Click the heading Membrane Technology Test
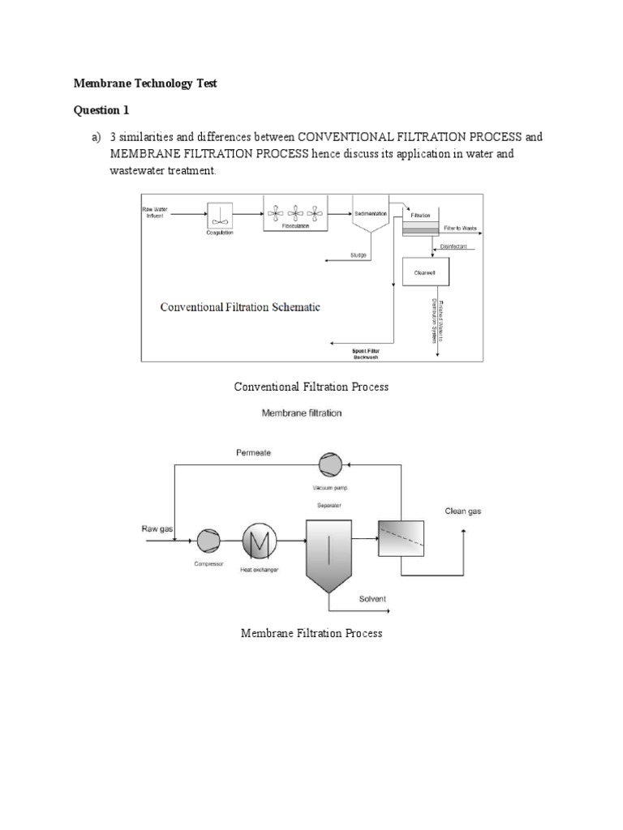(145, 83)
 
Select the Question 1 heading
(101, 110)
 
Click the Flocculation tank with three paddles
(296, 215)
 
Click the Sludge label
(358, 255)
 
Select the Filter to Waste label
(459, 229)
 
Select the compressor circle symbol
(208, 538)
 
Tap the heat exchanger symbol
(260, 538)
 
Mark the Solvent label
(372, 600)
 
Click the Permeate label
(253, 454)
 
